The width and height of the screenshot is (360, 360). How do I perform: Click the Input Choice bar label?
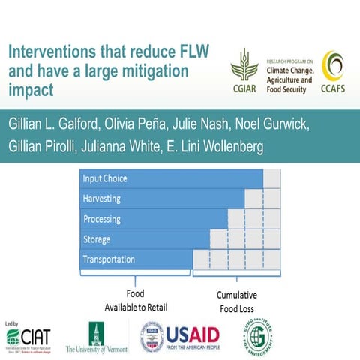point(106,178)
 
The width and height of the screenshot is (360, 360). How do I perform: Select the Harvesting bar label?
point(102,199)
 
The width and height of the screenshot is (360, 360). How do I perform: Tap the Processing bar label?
point(103,219)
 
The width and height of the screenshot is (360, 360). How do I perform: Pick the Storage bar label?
point(97,239)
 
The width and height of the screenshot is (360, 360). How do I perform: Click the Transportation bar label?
point(109,259)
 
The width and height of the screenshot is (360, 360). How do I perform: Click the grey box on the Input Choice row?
point(272,178)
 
